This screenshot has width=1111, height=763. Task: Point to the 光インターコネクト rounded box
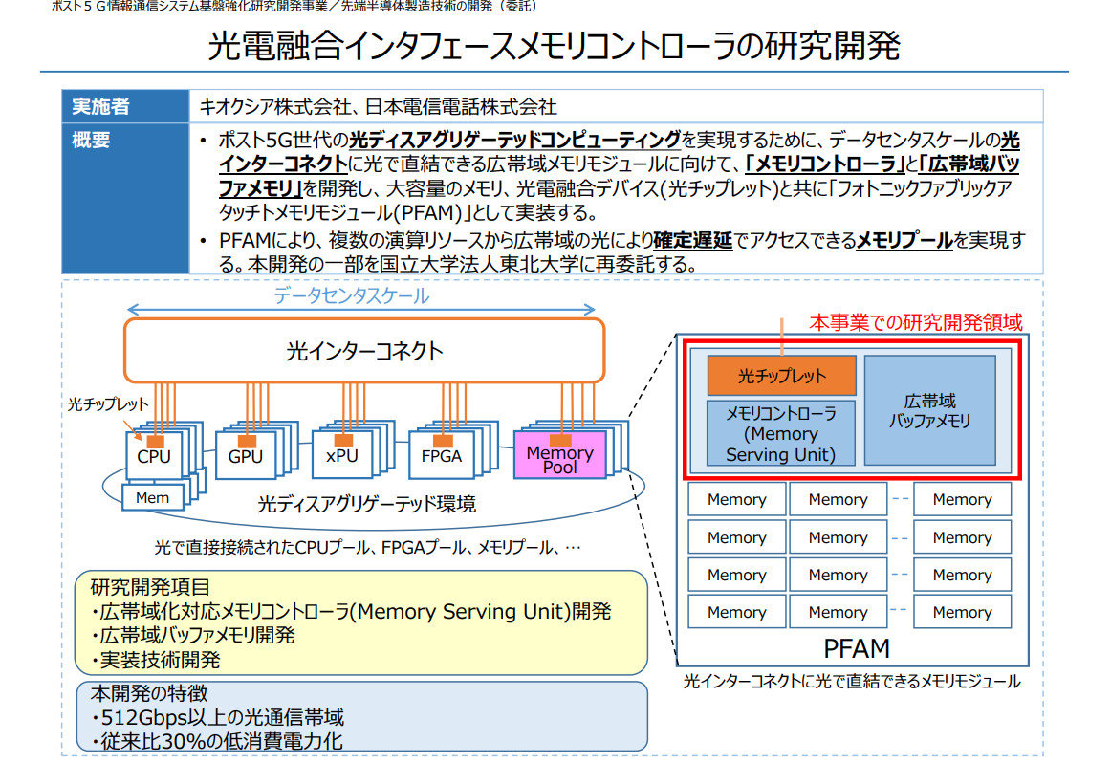click(x=364, y=351)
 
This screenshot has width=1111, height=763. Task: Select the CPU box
click(x=153, y=456)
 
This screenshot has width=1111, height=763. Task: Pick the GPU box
click(x=245, y=456)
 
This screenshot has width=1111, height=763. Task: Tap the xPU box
click(x=341, y=456)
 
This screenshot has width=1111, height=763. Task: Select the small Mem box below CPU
click(x=152, y=497)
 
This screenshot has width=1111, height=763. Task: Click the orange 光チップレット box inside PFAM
click(x=781, y=376)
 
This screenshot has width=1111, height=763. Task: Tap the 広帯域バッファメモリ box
click(x=929, y=410)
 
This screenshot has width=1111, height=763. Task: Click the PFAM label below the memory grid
click(x=856, y=649)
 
